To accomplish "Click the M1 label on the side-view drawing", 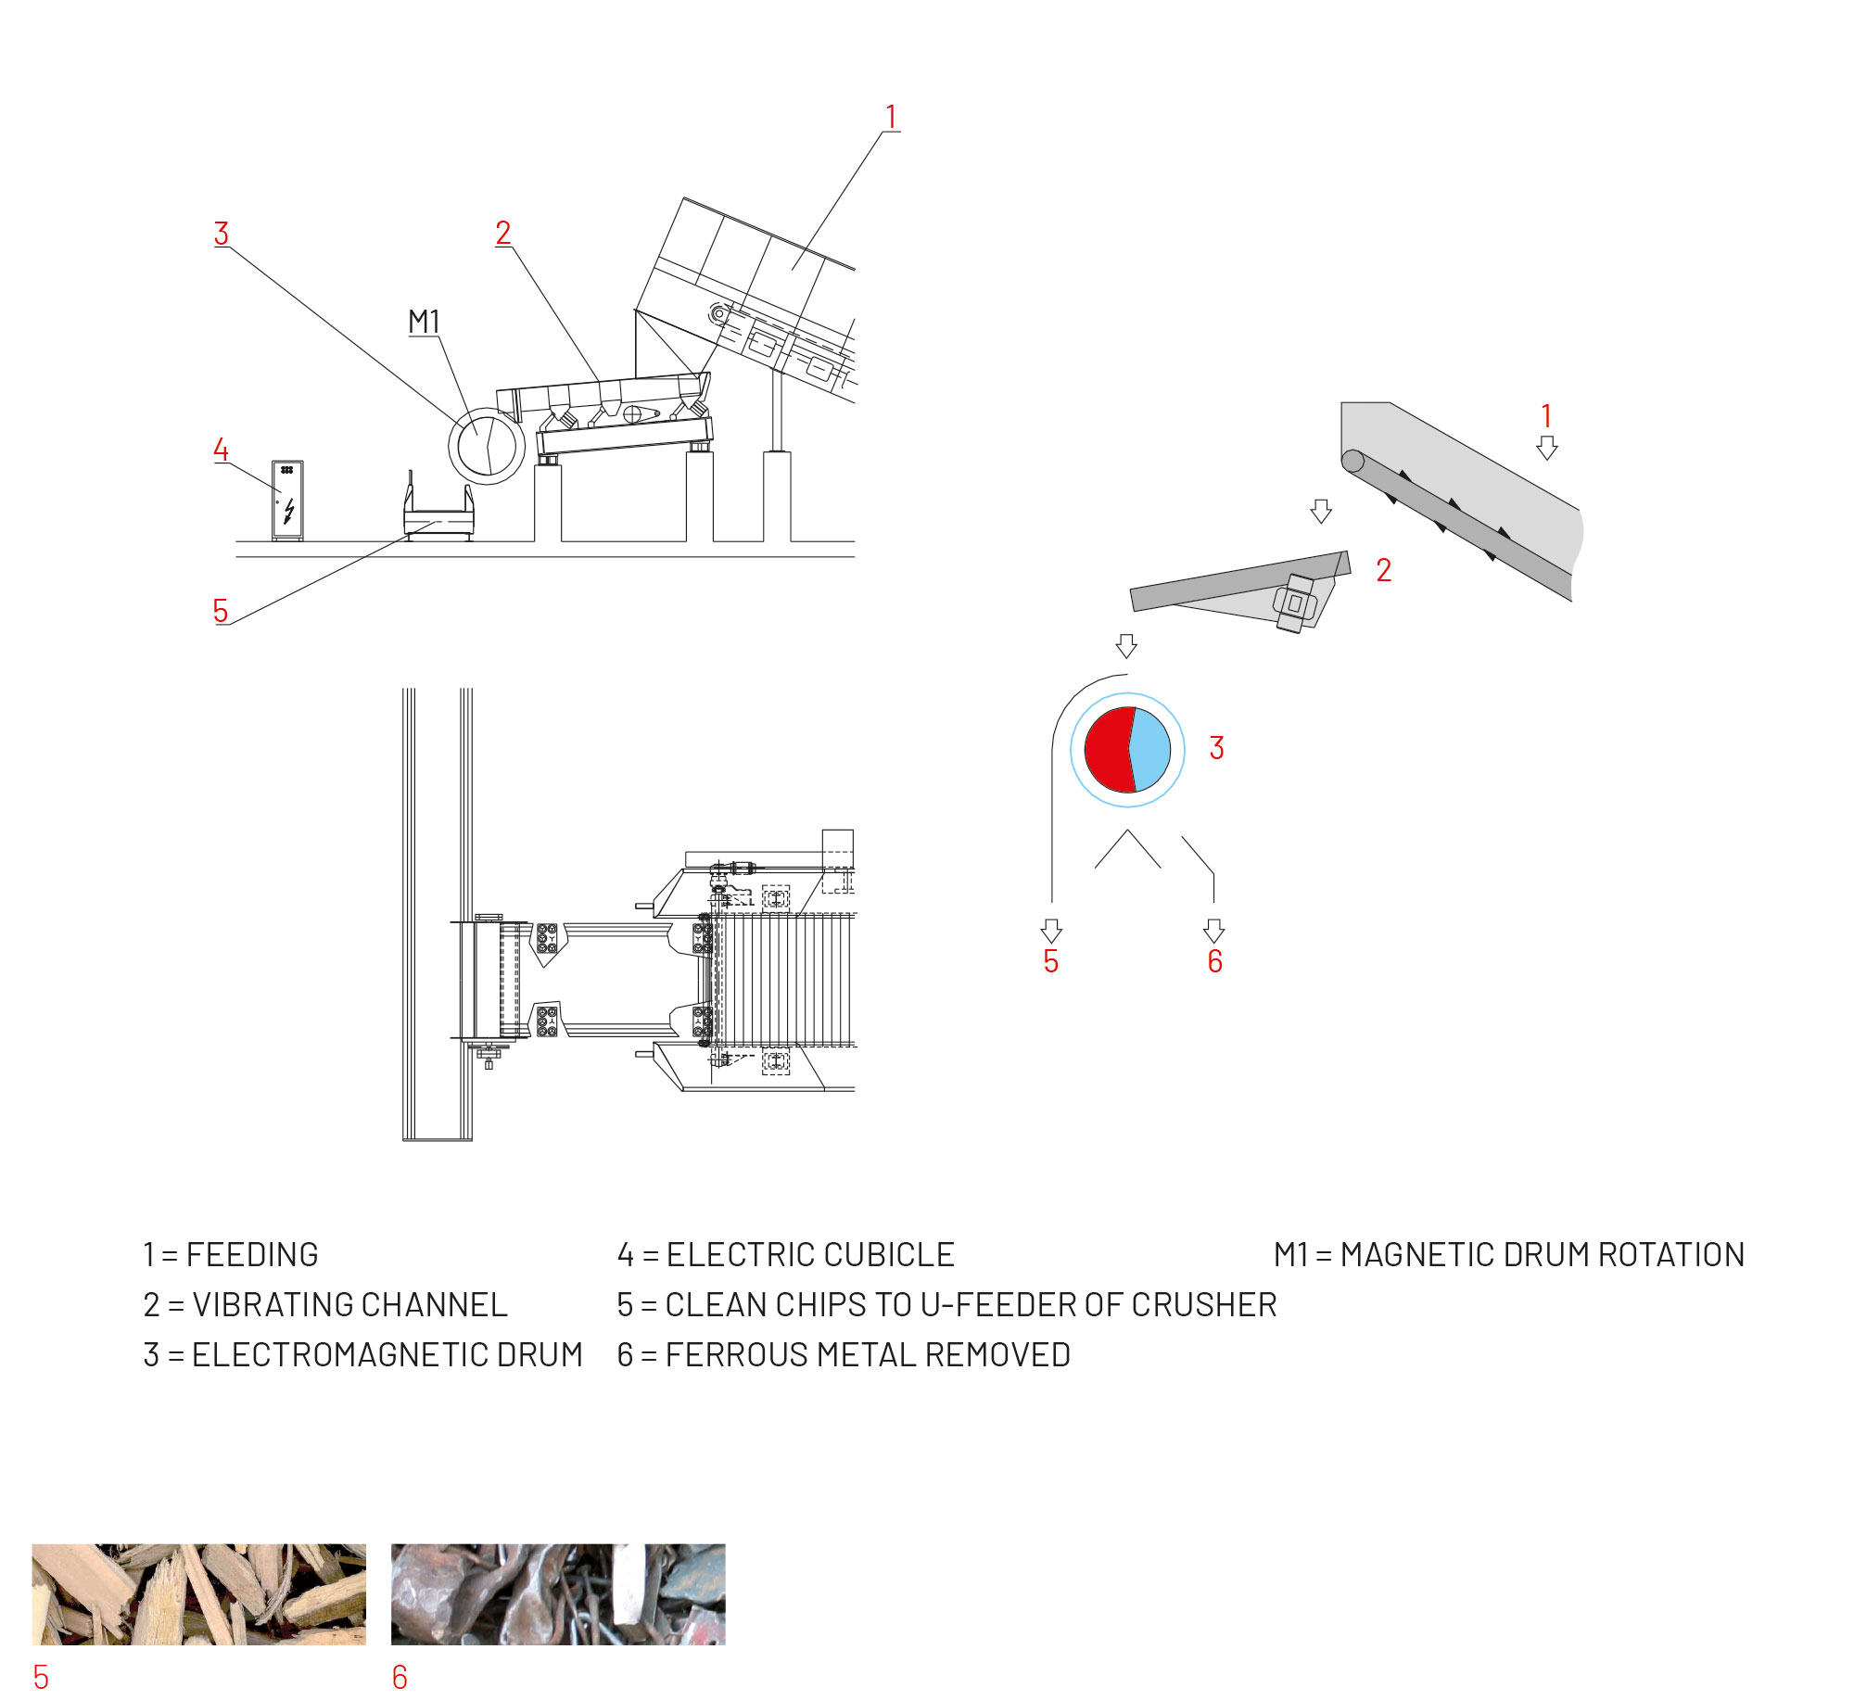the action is pyautogui.click(x=424, y=322).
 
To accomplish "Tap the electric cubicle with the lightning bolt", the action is pyautogui.click(x=287, y=500).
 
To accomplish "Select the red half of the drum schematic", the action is pyautogui.click(x=1110, y=750).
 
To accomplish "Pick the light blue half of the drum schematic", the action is pyautogui.click(x=1150, y=750).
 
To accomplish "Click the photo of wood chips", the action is pyautogui.click(x=199, y=1594).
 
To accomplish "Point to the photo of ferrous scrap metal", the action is pyautogui.click(x=558, y=1594).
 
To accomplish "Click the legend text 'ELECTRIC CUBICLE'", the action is pyautogui.click(x=810, y=1255).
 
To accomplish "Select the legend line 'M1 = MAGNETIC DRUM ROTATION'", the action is pyautogui.click(x=1509, y=1255).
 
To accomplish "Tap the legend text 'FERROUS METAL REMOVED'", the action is pyautogui.click(x=868, y=1355).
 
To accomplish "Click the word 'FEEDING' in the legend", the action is pyautogui.click(x=252, y=1255).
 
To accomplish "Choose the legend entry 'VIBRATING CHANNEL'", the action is pyautogui.click(x=349, y=1305).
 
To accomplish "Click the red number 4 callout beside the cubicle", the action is pyautogui.click(x=221, y=450).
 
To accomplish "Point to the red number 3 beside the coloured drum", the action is pyautogui.click(x=1217, y=748).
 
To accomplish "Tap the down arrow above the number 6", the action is pyautogui.click(x=1214, y=931).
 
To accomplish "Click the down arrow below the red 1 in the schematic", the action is pyautogui.click(x=1547, y=448).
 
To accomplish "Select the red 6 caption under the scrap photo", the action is pyautogui.click(x=400, y=1677).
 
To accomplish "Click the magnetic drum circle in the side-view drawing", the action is pyautogui.click(x=487, y=446).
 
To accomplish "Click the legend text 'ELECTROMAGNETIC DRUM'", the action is pyautogui.click(x=387, y=1355).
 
